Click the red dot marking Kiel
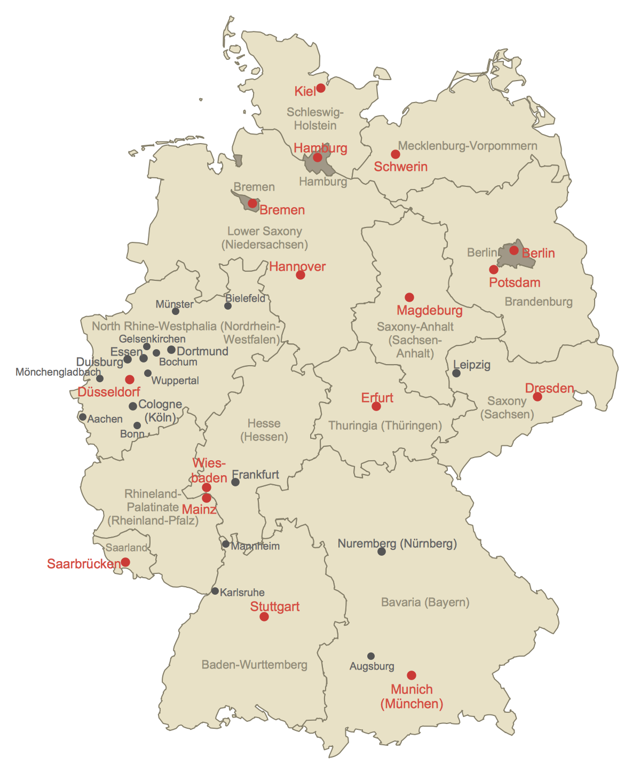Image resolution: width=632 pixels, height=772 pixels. [x=321, y=88]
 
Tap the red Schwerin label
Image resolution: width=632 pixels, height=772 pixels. [x=400, y=167]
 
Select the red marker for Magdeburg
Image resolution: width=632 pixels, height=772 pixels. [x=409, y=297]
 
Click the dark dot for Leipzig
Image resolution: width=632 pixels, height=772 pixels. [x=456, y=373]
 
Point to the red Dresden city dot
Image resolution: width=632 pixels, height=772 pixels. [x=538, y=397]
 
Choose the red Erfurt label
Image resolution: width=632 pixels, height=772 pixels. [x=377, y=398]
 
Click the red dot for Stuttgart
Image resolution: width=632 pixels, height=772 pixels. [x=264, y=617]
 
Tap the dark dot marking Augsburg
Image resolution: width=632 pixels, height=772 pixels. [x=371, y=656]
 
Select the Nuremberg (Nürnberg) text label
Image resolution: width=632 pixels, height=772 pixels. [x=397, y=543]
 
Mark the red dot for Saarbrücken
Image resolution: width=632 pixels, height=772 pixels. [x=125, y=562]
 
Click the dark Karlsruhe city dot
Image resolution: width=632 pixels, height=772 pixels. [x=215, y=591]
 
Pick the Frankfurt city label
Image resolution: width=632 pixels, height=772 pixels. [x=256, y=474]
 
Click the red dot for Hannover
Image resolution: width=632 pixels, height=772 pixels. [x=301, y=275]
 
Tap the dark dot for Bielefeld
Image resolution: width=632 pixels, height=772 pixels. [x=228, y=306]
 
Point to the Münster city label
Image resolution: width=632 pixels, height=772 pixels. [x=175, y=304]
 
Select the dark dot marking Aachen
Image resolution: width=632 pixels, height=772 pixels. [x=83, y=417]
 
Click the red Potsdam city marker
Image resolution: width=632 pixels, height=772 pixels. [x=494, y=270]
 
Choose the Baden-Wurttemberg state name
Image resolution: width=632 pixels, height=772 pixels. [x=254, y=665]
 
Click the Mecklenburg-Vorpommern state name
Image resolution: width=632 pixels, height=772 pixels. [x=468, y=146]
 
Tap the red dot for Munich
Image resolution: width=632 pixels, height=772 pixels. [x=412, y=675]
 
